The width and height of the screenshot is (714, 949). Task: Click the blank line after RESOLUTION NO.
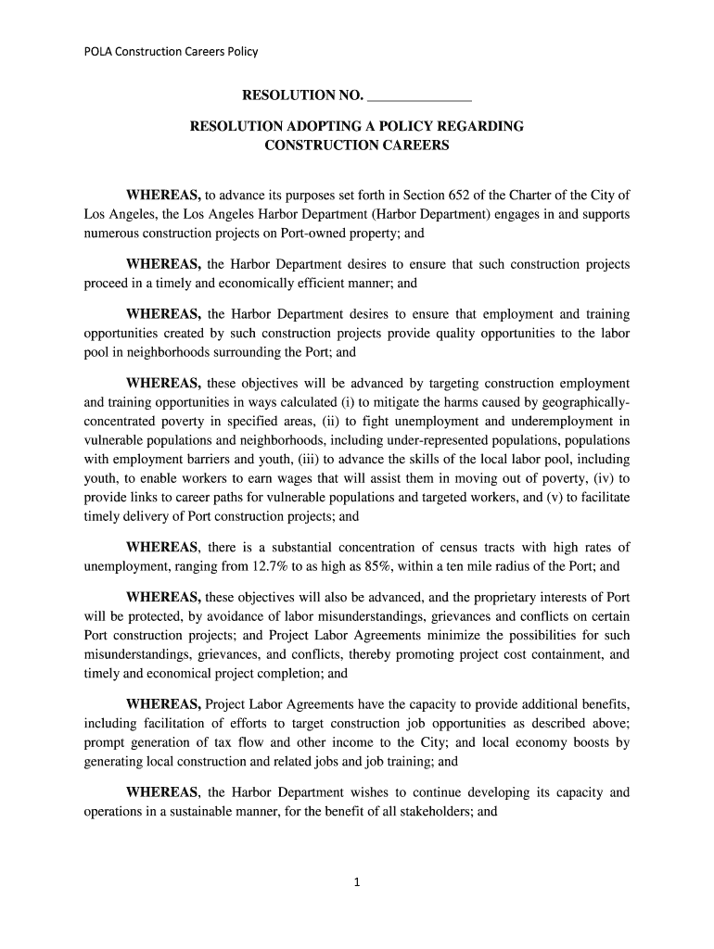pyautogui.click(x=420, y=95)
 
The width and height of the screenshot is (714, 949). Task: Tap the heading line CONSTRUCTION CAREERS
pyautogui.click(x=357, y=146)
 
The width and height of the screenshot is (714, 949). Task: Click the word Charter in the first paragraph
pyautogui.click(x=535, y=195)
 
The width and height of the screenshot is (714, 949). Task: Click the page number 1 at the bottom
pyautogui.click(x=356, y=882)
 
